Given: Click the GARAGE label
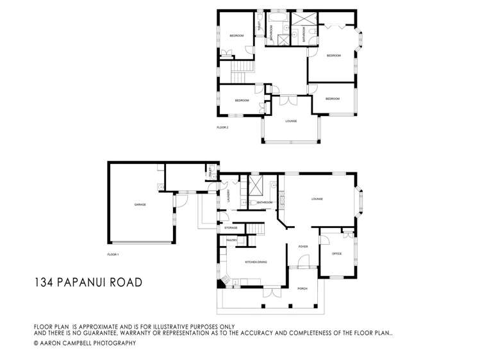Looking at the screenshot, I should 140,204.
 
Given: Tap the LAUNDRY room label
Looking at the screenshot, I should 228,199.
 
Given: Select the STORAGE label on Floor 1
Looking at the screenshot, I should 231,227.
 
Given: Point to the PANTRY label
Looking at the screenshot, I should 232,240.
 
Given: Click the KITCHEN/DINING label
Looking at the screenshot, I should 256,262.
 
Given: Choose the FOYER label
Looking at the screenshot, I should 303,246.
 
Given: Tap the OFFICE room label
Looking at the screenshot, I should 336,254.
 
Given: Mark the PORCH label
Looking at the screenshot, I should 302,288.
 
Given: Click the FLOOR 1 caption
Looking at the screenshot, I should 113,254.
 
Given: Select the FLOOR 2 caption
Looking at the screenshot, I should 222,127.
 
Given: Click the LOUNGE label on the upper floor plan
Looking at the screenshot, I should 291,121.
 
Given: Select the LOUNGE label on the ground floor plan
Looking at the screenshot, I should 317,199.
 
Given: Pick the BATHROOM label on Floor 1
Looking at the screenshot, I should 265,202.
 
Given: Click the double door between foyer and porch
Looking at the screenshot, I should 299,267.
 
